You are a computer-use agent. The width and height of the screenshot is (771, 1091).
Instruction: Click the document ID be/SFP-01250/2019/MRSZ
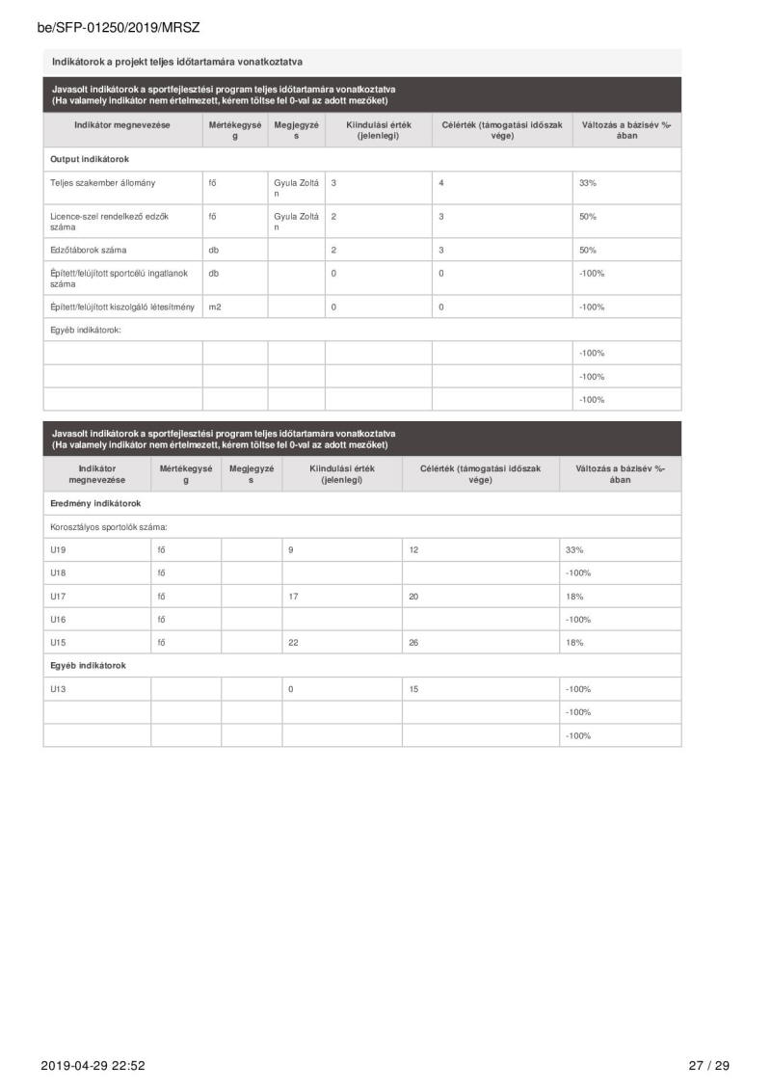coord(119,28)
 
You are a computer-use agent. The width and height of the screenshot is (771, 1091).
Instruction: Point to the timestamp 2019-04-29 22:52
coord(93,1065)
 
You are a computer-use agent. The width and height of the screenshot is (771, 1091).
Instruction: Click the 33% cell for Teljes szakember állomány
coord(588,182)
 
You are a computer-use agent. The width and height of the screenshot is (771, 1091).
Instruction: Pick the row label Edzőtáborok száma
coord(88,250)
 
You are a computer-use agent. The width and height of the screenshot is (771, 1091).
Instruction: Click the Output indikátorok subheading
coord(90,159)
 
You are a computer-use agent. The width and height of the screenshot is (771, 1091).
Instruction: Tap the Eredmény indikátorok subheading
coord(95,503)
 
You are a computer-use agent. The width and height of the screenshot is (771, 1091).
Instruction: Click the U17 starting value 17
coord(294,597)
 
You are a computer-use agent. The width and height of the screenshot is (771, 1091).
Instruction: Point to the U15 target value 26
coord(414,642)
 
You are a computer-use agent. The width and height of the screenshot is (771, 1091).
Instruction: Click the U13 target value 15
coord(414,689)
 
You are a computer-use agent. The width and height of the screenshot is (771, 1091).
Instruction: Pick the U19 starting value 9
coord(291,549)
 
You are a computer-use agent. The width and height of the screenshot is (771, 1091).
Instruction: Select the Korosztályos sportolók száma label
coord(109,526)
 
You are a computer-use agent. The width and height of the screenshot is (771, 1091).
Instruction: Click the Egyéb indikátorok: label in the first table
coord(92,330)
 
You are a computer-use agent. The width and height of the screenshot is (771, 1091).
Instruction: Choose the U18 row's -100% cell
coord(578,573)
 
